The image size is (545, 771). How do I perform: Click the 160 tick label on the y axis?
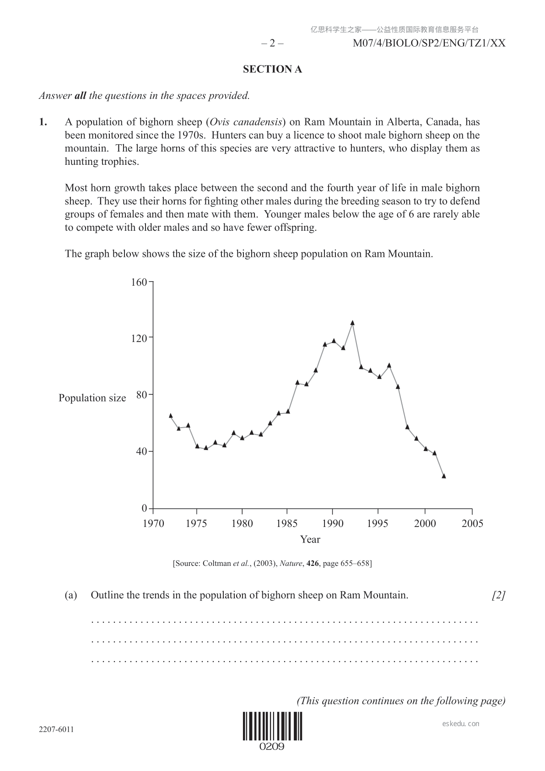[x=139, y=282]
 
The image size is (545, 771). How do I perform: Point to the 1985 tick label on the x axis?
[x=287, y=523]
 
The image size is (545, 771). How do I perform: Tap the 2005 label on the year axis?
[x=472, y=523]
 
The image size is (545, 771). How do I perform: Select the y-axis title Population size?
[x=92, y=398]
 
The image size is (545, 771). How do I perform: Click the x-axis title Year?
[x=310, y=539]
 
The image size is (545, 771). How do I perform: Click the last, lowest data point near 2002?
[x=443, y=476]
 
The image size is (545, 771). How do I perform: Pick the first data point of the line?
[x=171, y=416]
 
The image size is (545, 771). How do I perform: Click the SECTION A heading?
[x=272, y=69]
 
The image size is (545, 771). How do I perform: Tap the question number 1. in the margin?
[x=43, y=122]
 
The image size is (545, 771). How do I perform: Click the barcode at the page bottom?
[x=272, y=726]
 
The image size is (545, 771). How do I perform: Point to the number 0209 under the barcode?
[x=272, y=747]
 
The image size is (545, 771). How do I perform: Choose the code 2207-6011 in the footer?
[x=56, y=729]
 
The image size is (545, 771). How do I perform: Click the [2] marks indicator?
[x=498, y=595]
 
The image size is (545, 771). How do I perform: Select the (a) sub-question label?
[x=71, y=595]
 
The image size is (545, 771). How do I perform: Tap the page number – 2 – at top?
[x=272, y=43]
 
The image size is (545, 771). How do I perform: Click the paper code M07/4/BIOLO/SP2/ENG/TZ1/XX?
[x=429, y=43]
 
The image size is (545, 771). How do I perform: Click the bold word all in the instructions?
[x=80, y=96]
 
